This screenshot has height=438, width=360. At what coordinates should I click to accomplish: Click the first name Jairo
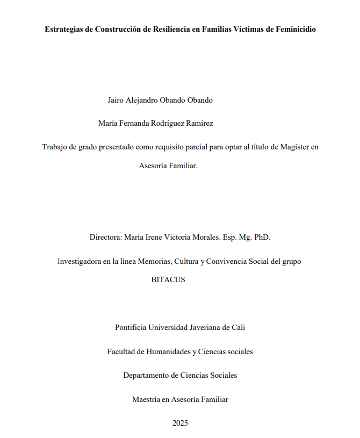click(117, 100)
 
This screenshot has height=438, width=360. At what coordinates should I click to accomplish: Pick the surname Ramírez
click(199, 123)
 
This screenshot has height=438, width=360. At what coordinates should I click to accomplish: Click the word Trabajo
click(55, 147)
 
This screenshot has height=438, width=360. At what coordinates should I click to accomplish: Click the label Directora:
click(107, 237)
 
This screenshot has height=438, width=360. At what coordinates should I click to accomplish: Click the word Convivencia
click(232, 262)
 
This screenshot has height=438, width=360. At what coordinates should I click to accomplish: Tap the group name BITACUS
click(168, 279)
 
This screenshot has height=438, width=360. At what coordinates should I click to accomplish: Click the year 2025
click(180, 423)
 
